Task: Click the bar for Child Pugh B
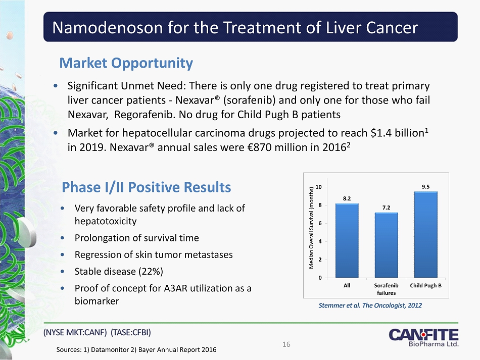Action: [425, 235]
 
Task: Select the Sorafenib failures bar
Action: [386, 245]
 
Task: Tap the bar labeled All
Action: [347, 240]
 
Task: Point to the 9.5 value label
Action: [425, 186]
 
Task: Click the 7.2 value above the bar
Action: [386, 208]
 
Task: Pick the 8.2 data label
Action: [347, 198]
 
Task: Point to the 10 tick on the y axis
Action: [319, 187]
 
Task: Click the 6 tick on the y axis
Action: [321, 223]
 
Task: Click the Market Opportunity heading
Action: [126, 63]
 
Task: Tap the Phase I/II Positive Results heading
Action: [146, 187]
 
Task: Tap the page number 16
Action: [286, 344]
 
